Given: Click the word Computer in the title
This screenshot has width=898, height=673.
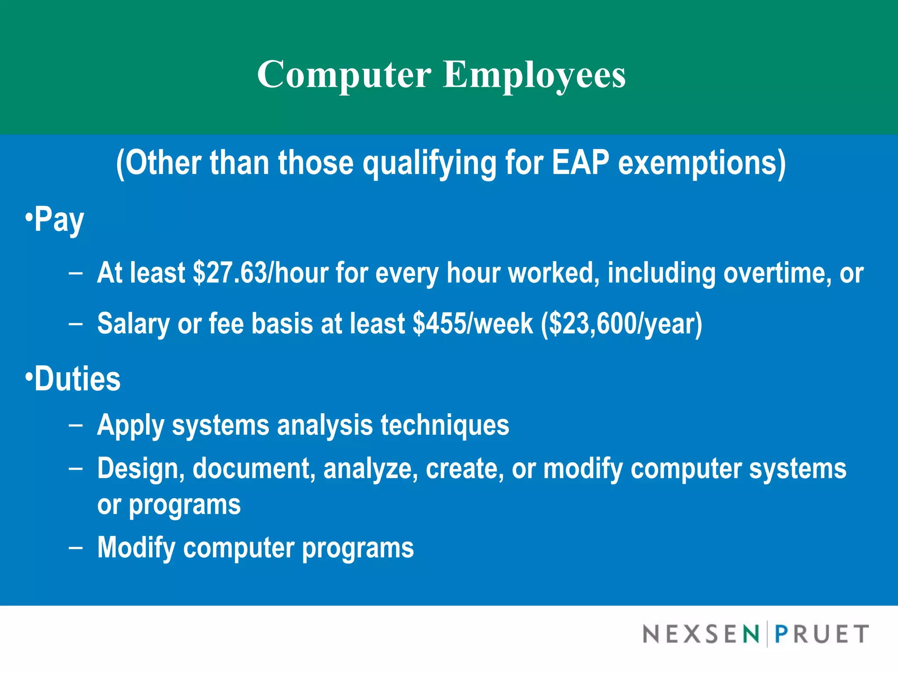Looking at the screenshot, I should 344,74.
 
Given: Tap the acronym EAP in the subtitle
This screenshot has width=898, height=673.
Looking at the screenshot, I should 580,163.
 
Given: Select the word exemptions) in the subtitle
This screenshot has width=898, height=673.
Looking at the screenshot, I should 702,163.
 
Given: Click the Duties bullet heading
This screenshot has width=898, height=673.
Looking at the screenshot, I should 77,379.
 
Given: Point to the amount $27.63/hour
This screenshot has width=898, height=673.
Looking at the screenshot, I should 260,273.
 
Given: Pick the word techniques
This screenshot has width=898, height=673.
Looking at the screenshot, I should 445,425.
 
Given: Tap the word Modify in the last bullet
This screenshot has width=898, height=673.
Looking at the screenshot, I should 136,548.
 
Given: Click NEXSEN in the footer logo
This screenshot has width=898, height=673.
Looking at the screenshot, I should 701,634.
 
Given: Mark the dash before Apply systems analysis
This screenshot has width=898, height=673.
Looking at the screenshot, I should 75,425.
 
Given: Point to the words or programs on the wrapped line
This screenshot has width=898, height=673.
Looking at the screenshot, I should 169,505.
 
